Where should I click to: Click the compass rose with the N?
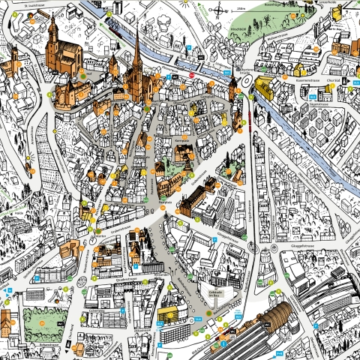218,10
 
